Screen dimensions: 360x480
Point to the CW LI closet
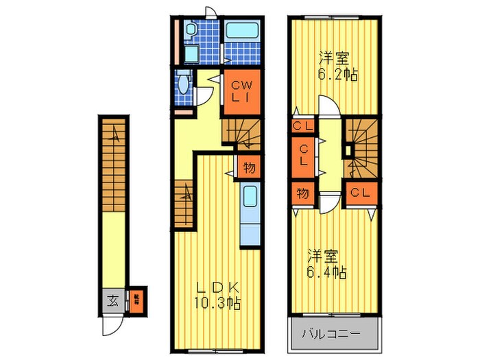239,92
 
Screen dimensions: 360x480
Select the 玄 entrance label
112,300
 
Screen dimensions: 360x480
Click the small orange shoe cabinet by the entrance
136,300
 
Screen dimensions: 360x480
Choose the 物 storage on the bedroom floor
302,193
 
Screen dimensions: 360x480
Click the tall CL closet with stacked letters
302,155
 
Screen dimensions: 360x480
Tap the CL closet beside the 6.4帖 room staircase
359,193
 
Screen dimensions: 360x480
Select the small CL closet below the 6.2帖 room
302,127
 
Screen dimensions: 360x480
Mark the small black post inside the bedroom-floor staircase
348,149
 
